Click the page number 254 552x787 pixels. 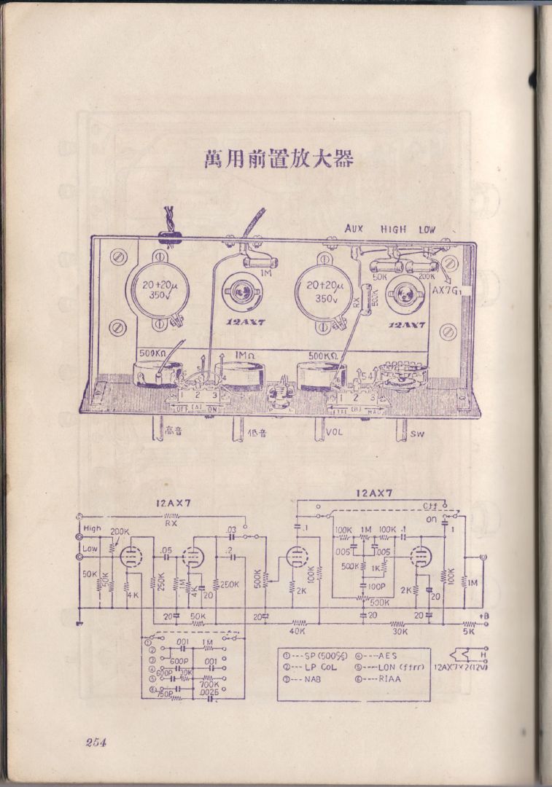coord(96,743)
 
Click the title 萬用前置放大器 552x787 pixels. coord(279,159)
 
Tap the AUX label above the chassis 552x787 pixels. coord(354,229)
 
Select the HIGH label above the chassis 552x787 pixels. coord(393,229)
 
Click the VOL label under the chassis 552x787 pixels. coord(335,431)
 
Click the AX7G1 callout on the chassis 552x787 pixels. coord(446,289)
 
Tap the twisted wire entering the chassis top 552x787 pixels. coord(171,220)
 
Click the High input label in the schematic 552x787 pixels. coord(93,528)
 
